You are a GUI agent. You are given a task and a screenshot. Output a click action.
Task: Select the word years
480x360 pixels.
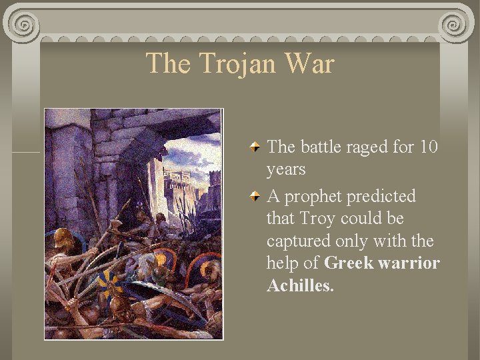[x=286, y=170]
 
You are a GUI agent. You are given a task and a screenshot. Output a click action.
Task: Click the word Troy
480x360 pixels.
[x=317, y=219]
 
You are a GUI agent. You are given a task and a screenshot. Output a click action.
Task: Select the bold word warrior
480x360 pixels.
[x=409, y=263]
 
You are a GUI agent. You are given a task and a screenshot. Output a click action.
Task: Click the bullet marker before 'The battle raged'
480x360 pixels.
[x=255, y=147]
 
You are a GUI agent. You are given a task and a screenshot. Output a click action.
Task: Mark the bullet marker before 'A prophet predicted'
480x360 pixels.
[x=255, y=197]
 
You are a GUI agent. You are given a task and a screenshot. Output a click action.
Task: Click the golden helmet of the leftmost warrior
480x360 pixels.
[x=63, y=238]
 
